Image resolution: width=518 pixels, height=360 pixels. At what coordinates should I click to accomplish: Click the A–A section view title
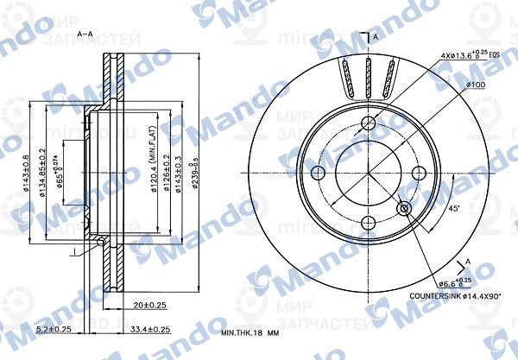coord(85,34)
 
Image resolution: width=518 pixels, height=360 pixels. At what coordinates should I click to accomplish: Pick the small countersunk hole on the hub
coord(405,208)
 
